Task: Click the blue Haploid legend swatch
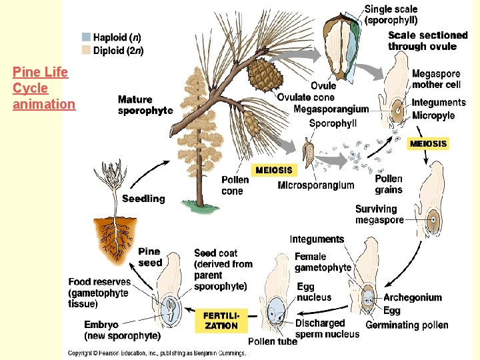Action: click(x=87, y=37)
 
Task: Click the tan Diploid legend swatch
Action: click(x=87, y=50)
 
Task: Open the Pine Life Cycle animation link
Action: click(x=43, y=88)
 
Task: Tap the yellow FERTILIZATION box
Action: click(x=221, y=320)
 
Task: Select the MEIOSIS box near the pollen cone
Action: click(x=274, y=170)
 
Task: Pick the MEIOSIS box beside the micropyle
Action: click(x=428, y=143)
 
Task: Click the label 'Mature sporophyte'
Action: click(x=145, y=105)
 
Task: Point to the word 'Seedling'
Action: click(x=143, y=199)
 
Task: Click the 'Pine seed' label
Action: click(x=149, y=257)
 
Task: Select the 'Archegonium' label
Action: click(x=412, y=297)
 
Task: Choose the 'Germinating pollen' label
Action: click(x=416, y=325)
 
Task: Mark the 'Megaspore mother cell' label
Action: click(x=437, y=79)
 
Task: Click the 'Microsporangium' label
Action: click(x=315, y=185)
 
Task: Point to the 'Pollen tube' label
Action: click(x=272, y=342)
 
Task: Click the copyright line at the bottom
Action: click(x=157, y=352)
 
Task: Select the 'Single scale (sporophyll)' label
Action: click(x=392, y=15)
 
